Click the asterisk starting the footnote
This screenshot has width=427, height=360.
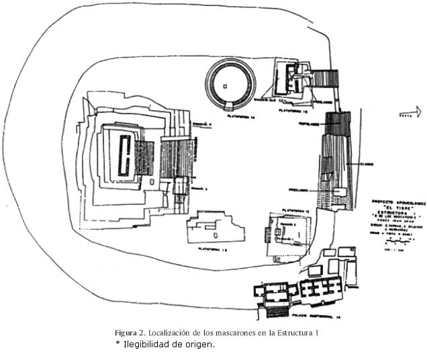point(118,344)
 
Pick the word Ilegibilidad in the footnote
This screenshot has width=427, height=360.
point(146,345)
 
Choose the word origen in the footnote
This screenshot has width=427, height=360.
point(201,345)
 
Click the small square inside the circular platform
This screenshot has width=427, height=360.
point(226,85)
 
